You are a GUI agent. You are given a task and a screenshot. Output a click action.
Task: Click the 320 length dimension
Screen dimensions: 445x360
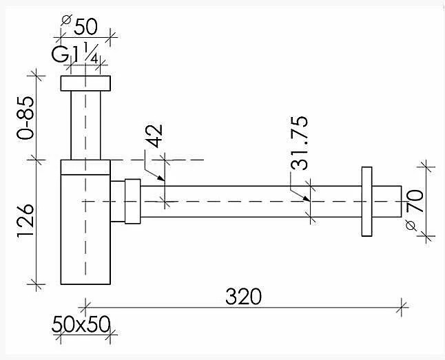243,297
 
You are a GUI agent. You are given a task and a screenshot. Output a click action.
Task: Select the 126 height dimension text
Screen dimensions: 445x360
25,220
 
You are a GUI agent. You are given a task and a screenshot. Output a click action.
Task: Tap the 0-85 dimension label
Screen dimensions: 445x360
25,118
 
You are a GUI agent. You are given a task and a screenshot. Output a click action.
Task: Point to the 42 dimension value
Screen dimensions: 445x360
155,136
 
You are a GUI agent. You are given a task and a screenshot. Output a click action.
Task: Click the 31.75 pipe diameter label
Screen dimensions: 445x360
299,142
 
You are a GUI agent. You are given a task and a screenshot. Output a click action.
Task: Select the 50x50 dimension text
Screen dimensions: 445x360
81,324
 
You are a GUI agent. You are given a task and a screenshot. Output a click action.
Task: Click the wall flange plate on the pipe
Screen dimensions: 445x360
366,202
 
